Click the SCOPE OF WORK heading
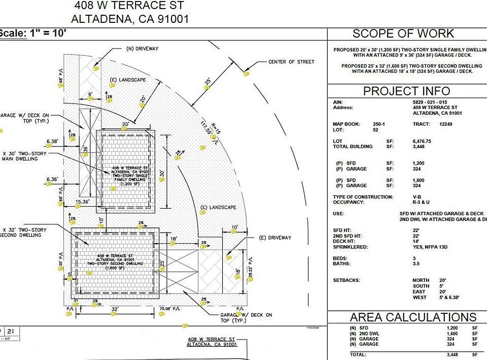(x=403, y=34)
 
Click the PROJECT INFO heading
(x=406, y=91)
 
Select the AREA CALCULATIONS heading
(x=413, y=317)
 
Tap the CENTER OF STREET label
(x=291, y=61)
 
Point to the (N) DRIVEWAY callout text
(x=142, y=49)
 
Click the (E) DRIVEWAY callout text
(x=275, y=237)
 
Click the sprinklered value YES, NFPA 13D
(x=430, y=247)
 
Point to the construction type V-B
(x=416, y=197)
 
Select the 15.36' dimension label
(x=82, y=202)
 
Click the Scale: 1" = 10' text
(x=32, y=34)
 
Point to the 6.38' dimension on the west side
(x=52, y=141)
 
